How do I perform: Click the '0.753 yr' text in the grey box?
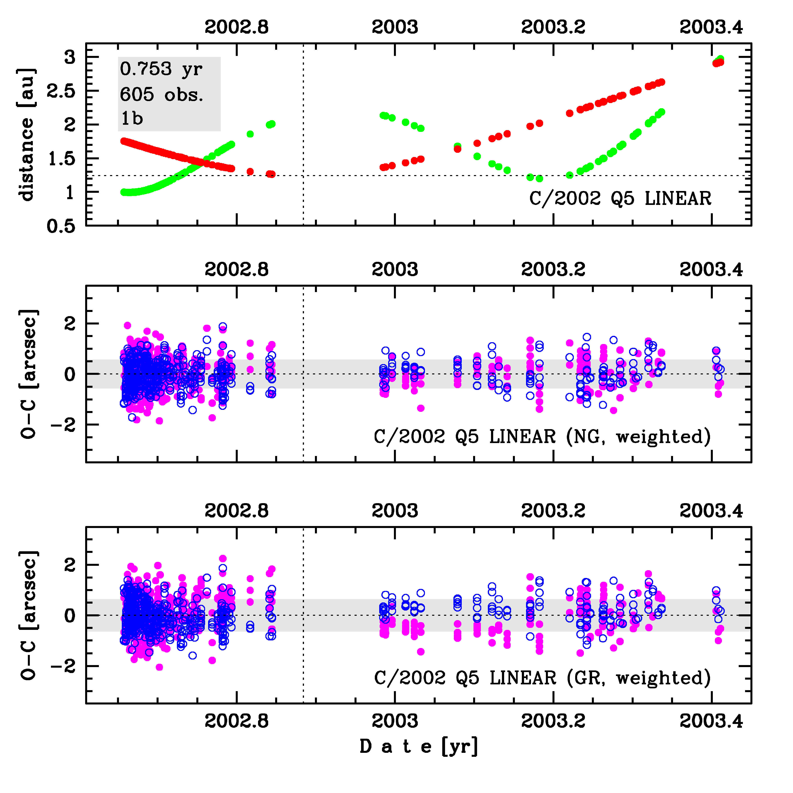[161, 69]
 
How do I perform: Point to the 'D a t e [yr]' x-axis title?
[419, 746]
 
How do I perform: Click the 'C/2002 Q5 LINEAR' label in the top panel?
[620, 199]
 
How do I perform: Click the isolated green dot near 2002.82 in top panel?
[250, 134]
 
